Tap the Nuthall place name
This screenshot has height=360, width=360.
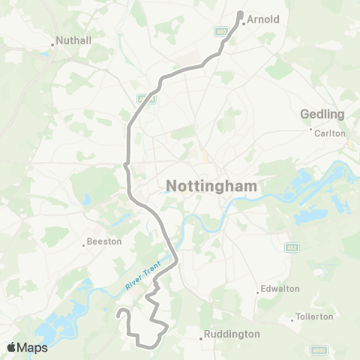75,43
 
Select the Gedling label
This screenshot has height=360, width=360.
322,114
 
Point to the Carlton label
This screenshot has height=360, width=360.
331,133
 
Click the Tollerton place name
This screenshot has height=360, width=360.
315,316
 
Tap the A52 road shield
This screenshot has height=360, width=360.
291,247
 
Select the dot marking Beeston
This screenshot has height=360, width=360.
82,244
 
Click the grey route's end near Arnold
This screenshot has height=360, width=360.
240,13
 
